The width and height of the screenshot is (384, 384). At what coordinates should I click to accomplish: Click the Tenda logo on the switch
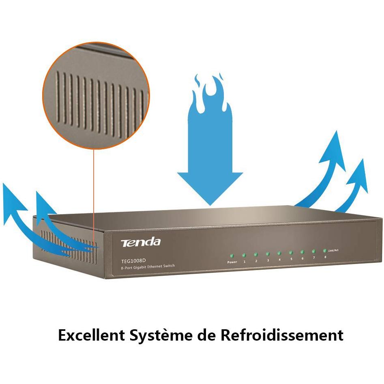point(141,242)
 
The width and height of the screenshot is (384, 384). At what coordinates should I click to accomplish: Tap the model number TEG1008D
point(133,261)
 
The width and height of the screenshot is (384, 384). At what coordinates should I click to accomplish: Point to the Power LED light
point(232,256)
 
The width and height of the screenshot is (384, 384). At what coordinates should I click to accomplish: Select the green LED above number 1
point(244,255)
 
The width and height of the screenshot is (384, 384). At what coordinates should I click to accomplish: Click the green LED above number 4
point(279,253)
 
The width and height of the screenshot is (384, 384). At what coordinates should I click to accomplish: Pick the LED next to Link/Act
point(325,251)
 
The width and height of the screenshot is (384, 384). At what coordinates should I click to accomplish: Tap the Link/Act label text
point(333,250)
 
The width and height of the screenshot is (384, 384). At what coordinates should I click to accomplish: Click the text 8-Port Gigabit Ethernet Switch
point(148,267)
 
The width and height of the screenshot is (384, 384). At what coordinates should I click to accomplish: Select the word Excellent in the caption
point(92,335)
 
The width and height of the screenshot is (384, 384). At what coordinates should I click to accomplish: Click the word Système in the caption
point(161,335)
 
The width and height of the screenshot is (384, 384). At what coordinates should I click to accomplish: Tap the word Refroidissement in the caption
point(282,335)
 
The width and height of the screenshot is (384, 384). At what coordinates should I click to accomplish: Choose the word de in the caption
point(206,335)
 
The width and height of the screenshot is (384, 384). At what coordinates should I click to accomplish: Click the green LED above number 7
point(313,251)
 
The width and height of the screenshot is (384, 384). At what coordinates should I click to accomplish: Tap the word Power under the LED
point(232,262)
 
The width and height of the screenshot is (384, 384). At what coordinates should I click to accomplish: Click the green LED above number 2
point(255,255)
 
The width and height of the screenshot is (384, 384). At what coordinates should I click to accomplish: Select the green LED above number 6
point(302,252)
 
